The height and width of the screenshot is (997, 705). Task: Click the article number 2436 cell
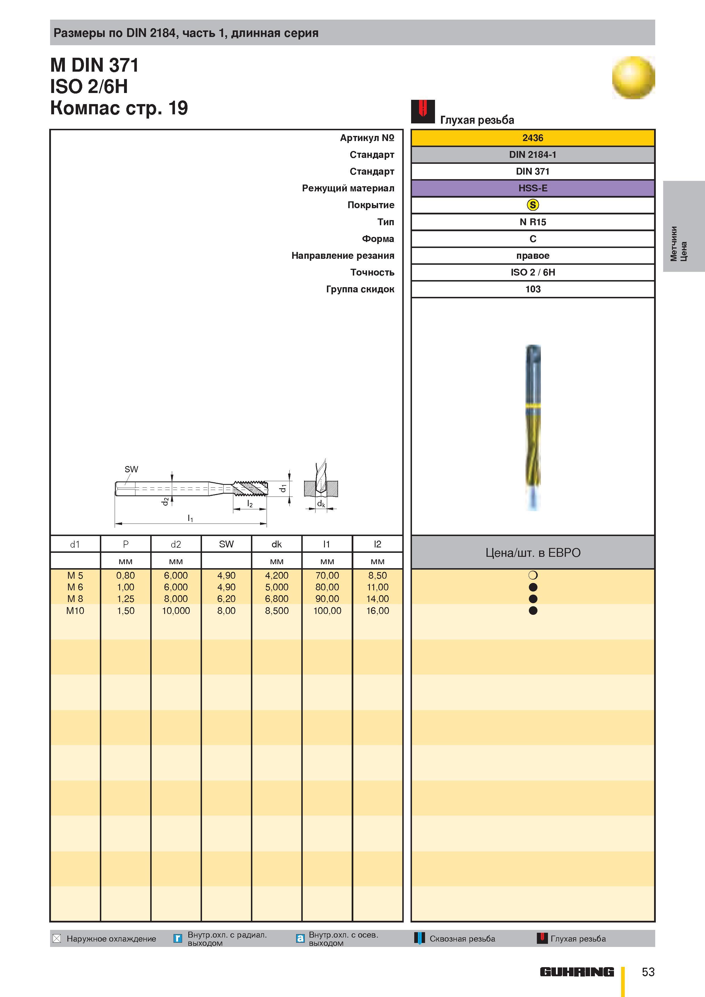click(533, 138)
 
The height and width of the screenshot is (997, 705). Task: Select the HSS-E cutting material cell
click(533, 188)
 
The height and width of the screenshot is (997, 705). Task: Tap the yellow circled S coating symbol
click(533, 205)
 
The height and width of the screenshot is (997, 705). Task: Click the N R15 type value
click(533, 222)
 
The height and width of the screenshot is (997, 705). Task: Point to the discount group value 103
click(533, 289)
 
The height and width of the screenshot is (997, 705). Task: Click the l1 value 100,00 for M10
click(327, 611)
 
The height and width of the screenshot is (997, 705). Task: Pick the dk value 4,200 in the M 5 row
click(277, 575)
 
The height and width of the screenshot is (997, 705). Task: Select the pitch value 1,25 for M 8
click(125, 599)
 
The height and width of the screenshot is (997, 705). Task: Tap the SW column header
click(226, 544)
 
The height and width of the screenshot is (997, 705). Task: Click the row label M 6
click(75, 587)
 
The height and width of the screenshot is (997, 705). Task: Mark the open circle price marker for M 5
click(533, 575)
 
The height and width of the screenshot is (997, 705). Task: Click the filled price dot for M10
click(533, 611)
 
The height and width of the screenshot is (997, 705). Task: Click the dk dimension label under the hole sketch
click(321, 504)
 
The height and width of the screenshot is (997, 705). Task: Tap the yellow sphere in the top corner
click(633, 78)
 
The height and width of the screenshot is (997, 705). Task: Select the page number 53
click(648, 972)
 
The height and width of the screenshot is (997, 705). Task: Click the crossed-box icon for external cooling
click(56, 938)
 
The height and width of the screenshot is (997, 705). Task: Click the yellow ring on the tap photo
click(533, 406)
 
